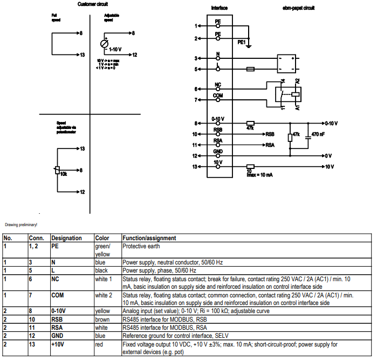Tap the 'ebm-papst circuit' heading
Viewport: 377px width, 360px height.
(299, 8)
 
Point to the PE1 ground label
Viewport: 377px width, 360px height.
(242, 42)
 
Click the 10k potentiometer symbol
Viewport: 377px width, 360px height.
(57, 171)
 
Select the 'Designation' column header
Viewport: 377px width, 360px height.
(67, 238)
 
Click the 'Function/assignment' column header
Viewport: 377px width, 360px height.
(149, 238)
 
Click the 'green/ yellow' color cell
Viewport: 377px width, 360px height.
(103, 249)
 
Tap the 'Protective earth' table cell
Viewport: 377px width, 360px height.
(141, 246)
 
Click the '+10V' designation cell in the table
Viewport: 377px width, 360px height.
(59, 344)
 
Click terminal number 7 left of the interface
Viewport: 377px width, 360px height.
(196, 99)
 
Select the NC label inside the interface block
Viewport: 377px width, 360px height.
(218, 85)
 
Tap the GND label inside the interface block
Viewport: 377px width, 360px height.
(218, 152)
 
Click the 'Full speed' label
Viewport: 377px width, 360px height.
(55, 18)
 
